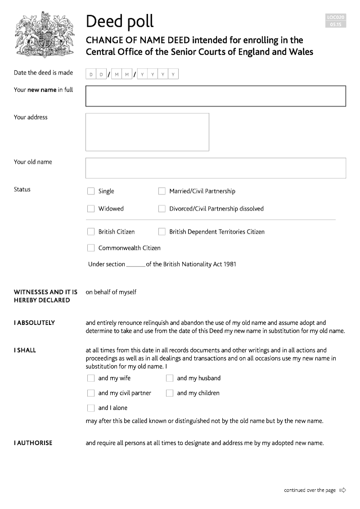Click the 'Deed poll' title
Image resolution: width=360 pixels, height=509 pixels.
[x=120, y=21]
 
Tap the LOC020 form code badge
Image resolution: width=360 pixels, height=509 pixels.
[x=336, y=21]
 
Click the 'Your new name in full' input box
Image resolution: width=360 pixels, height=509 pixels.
[x=216, y=96]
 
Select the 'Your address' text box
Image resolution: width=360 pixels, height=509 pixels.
[x=147, y=132]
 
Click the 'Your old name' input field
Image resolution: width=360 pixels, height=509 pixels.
[x=216, y=168]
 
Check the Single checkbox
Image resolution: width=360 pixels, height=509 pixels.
[x=91, y=191]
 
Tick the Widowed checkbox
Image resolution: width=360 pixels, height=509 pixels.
[x=91, y=209]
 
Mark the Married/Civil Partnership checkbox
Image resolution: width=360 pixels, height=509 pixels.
[x=162, y=191]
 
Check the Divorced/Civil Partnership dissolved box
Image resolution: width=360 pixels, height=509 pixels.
[x=162, y=209]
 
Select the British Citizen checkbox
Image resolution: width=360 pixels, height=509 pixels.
[x=91, y=232]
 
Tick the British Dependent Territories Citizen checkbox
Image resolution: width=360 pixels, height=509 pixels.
[x=162, y=232]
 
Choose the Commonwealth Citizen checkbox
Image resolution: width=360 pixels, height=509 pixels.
[x=91, y=248]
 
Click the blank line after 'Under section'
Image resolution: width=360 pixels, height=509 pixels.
[x=135, y=265]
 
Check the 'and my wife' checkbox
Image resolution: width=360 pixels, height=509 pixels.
[x=91, y=378]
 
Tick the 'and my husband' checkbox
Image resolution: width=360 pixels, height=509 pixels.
[x=170, y=378]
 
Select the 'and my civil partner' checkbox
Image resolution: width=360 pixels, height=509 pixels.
[x=91, y=393]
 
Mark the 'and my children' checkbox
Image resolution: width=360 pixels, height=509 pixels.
[x=170, y=393]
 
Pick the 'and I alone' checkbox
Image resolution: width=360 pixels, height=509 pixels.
[x=91, y=408]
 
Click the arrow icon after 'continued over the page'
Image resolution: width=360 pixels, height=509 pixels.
[x=342, y=490]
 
